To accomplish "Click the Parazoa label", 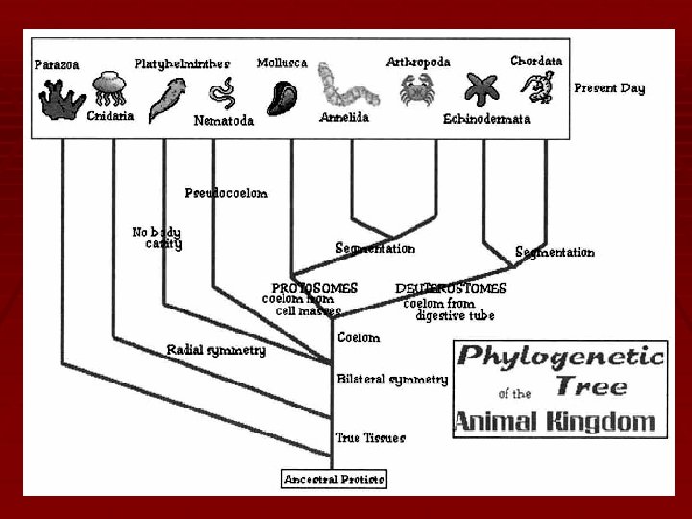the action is pos(56,65).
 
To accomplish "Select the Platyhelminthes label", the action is pos(183,63).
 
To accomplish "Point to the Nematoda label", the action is pos(223,121).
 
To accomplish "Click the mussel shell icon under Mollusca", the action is pos(286,96).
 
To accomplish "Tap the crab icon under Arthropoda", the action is pos(417,88).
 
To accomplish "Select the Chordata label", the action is pos(536,61).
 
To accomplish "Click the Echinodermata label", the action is pos(486,120).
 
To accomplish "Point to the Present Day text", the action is pos(609,88).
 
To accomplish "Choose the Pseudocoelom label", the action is pos(226,193).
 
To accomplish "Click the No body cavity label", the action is pos(156,237).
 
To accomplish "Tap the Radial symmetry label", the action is pos(216,351).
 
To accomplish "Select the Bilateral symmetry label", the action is pos(392,380).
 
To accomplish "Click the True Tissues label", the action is pos(370,438).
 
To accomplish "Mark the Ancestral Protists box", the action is pos(334,479).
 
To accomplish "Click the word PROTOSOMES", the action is pos(314,288).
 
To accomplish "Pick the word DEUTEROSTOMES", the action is pos(450,288).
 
